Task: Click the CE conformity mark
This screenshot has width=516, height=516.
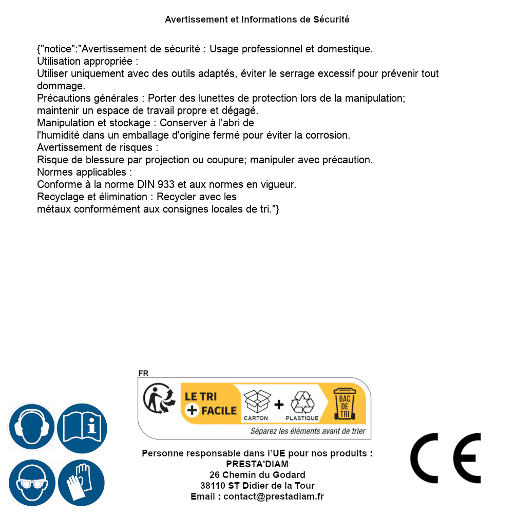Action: [445, 458]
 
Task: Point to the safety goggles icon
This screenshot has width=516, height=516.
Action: [32, 483]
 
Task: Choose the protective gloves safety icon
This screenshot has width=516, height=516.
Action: [82, 483]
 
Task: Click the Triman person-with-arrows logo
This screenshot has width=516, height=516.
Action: [156, 398]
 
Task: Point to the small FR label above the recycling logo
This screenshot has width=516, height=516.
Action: [143, 373]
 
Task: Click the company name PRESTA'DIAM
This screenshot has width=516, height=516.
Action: [257, 464]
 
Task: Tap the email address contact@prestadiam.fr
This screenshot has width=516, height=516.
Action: [274, 496]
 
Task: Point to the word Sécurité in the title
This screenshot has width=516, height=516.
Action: [331, 20]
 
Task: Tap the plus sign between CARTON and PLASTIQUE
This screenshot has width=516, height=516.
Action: [279, 405]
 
